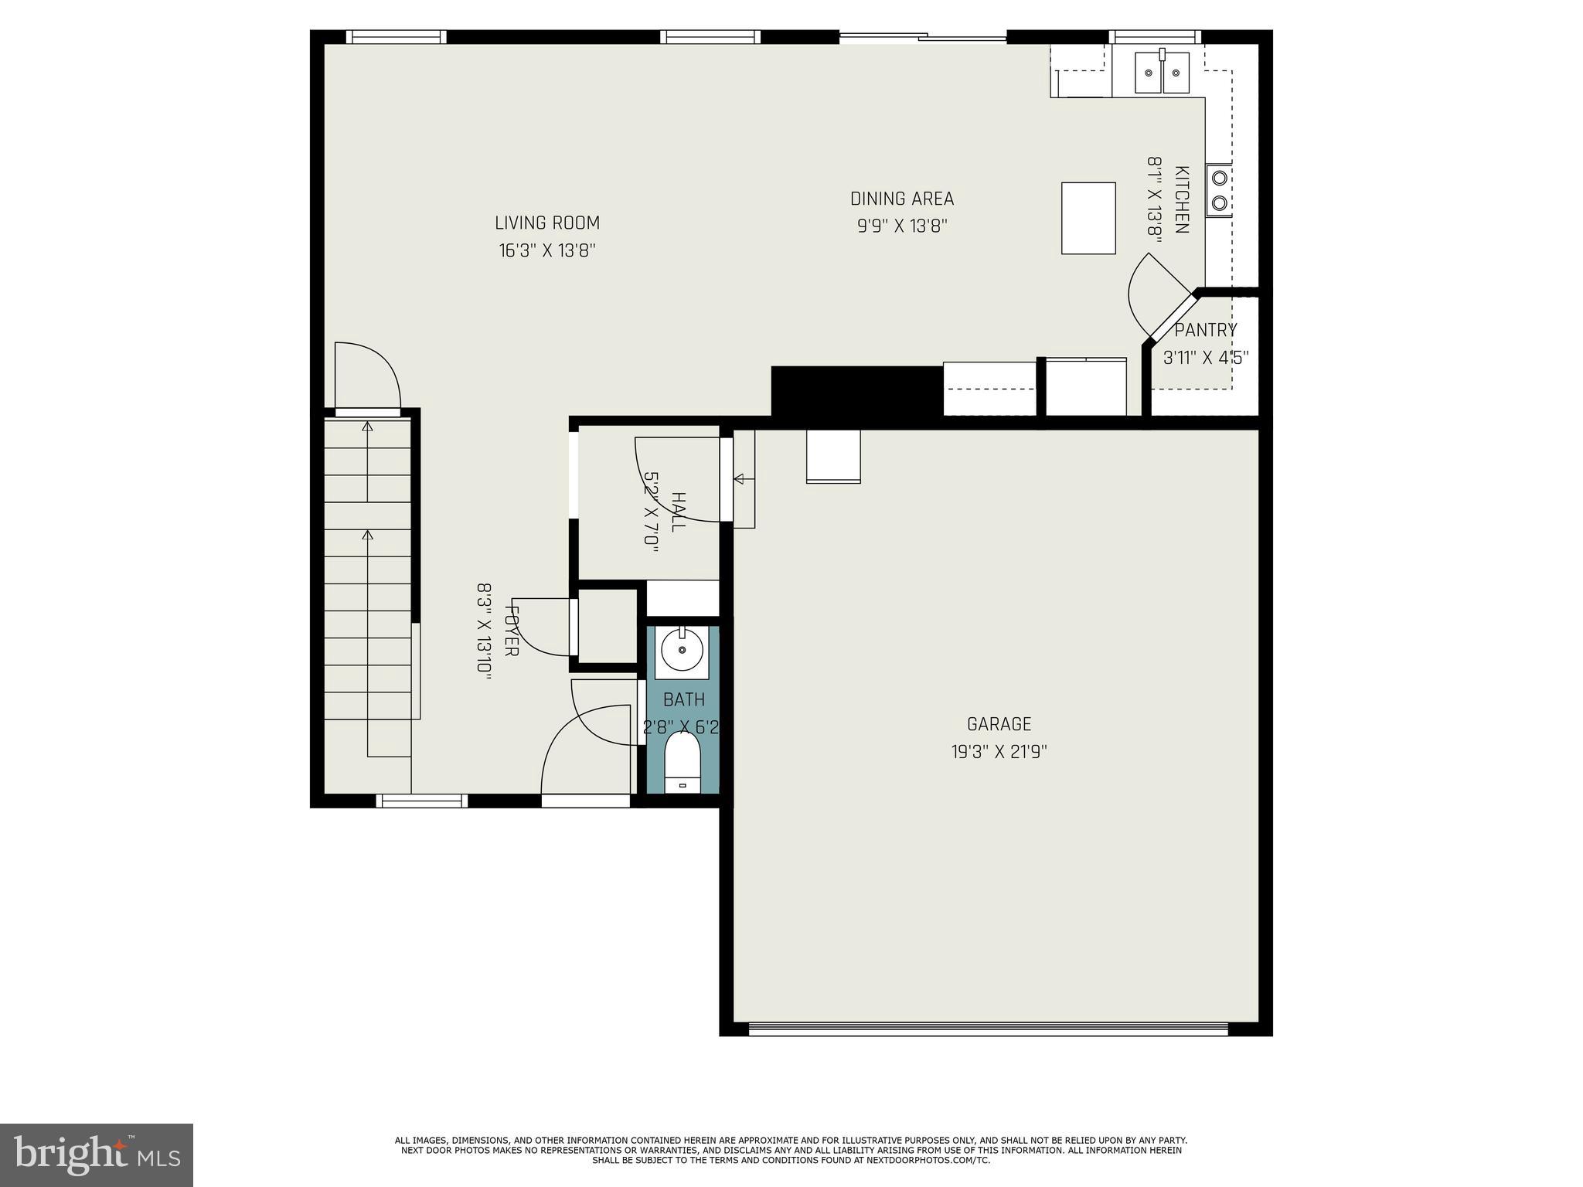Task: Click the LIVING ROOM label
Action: pos(547,223)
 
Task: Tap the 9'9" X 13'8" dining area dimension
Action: pos(902,226)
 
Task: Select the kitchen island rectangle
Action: pos(1088,218)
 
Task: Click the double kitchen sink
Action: pos(1162,73)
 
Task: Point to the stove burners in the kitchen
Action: pos(1219,191)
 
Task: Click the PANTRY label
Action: pos(1205,331)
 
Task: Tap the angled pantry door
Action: pos(1169,317)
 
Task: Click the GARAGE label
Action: pos(999,724)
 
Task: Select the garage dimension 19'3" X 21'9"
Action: pos(999,752)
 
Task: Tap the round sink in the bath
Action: pos(682,651)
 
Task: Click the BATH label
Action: pos(684,700)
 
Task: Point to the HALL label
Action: pos(678,512)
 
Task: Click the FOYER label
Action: pos(511,629)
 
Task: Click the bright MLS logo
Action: pos(96,1155)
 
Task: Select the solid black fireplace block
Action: pos(856,392)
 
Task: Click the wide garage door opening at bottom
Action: pos(988,1029)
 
